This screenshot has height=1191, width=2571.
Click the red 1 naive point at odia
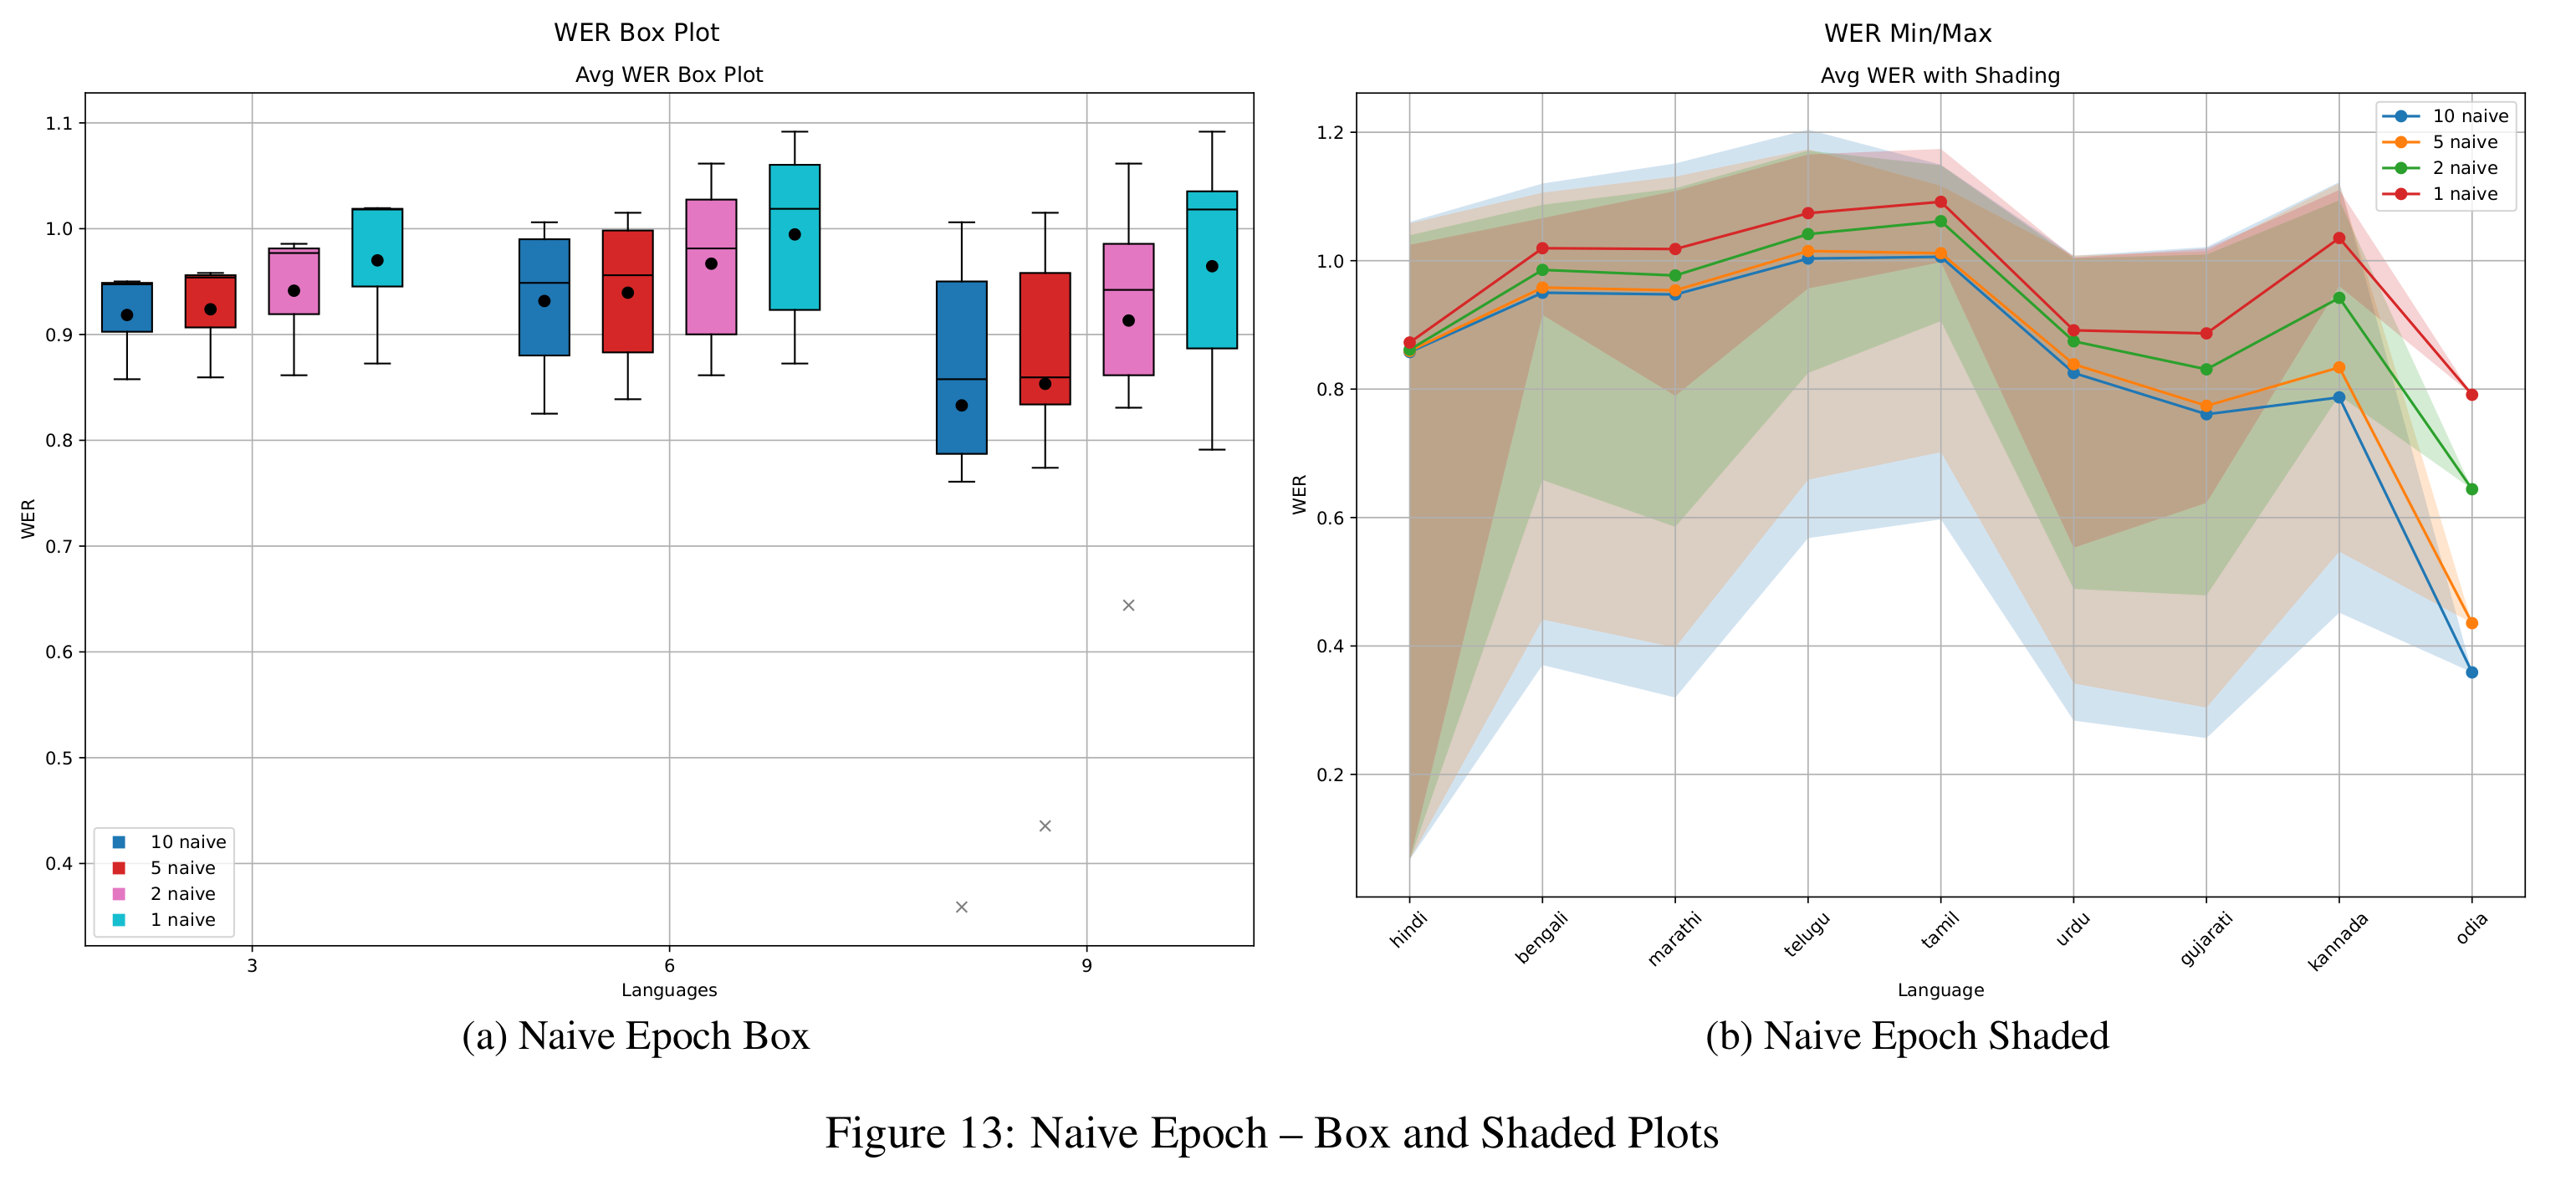click(2471, 396)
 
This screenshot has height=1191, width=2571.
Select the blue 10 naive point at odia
click(2471, 673)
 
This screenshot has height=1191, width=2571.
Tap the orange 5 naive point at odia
click(2471, 624)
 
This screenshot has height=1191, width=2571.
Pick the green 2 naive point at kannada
click(2338, 299)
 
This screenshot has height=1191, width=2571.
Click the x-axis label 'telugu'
click(1806, 935)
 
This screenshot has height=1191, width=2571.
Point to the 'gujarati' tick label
click(2205, 938)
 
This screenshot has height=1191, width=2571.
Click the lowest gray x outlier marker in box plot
click(961, 907)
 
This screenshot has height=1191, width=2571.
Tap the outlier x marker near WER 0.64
click(1129, 606)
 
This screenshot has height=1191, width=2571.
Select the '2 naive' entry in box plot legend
click(181, 893)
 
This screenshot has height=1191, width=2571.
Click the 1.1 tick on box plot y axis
click(60, 124)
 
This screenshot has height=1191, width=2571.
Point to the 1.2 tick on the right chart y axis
click(1332, 133)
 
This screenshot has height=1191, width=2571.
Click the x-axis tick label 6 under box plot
click(670, 965)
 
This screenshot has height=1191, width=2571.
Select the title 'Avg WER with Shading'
click(1940, 76)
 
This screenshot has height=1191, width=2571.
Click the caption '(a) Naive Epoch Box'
click(636, 1036)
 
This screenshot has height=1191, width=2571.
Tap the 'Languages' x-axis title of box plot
click(669, 990)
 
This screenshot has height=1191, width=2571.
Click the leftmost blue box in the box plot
click(127, 308)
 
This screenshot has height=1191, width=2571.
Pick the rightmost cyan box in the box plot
click(1212, 269)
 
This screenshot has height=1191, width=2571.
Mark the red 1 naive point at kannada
click(2338, 238)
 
